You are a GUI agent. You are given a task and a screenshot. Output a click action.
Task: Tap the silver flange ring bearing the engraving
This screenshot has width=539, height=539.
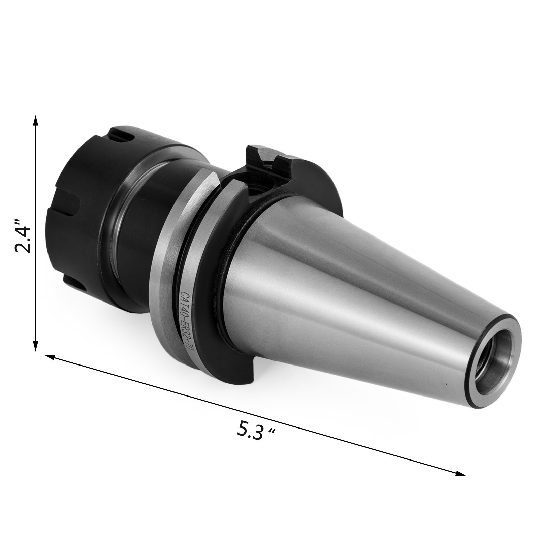168,269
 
